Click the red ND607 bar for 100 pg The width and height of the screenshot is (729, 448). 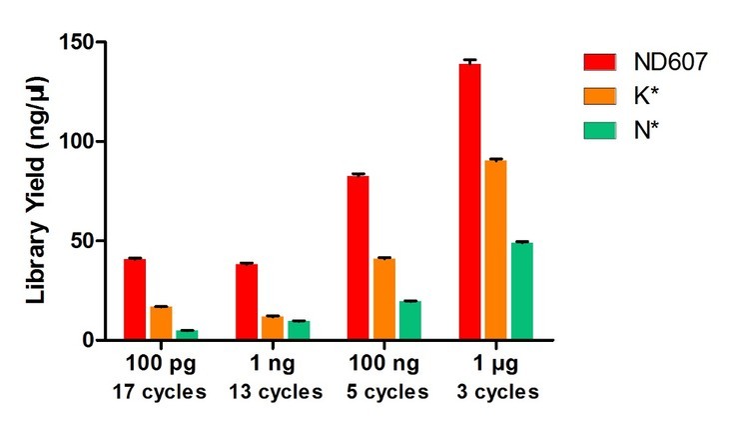(135, 300)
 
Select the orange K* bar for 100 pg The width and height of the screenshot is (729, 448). (161, 323)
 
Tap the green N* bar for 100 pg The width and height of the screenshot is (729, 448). (187, 335)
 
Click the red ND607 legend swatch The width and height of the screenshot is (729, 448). (602, 62)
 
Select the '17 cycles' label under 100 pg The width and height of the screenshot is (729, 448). (162, 391)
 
